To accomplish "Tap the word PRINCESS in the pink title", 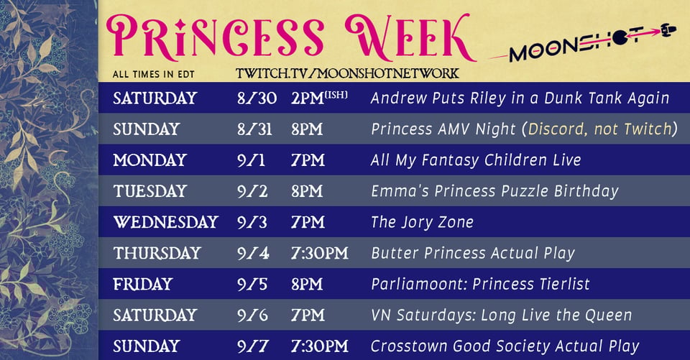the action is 215,37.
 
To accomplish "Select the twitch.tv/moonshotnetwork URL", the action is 347,73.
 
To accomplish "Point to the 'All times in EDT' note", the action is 154,75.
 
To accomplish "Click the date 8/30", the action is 257,98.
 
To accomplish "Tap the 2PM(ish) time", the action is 319,98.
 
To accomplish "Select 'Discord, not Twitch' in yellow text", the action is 600,129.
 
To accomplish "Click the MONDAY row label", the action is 149,160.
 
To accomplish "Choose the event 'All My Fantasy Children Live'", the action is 476,160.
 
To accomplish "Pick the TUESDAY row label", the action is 150,191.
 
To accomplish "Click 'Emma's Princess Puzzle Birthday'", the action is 494,191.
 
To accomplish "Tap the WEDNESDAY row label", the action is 166,222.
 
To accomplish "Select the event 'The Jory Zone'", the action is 422,222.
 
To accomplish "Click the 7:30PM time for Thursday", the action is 319,253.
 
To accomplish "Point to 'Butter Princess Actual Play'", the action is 473,253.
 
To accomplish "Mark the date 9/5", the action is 252,285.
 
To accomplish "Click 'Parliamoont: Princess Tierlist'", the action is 480,285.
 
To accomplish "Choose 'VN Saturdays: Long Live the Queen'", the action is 501,315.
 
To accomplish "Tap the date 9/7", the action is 253,346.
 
